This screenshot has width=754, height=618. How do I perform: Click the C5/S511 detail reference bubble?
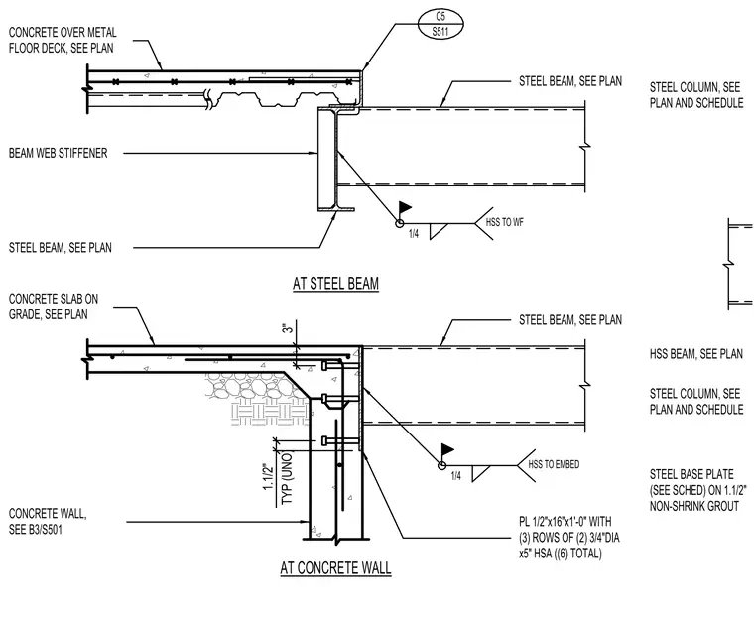tap(440, 24)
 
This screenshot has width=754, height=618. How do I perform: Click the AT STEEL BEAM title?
tap(335, 284)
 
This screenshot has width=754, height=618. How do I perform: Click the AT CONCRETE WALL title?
tap(335, 568)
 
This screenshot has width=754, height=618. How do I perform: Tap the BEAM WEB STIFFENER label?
tap(59, 153)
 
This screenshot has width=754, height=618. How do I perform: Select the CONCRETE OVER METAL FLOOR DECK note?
tap(63, 40)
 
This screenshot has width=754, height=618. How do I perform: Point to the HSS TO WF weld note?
tap(504, 222)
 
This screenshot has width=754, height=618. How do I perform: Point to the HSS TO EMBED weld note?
tap(554, 464)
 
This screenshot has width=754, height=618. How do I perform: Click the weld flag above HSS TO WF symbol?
tap(405, 208)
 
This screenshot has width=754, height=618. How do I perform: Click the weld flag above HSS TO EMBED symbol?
tap(447, 450)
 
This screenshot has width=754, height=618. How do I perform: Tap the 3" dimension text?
tap(287, 329)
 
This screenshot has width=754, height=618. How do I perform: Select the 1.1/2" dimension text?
tap(268, 476)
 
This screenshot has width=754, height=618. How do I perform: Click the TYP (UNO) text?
tap(287, 478)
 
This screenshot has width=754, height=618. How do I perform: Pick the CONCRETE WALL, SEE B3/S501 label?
tap(48, 522)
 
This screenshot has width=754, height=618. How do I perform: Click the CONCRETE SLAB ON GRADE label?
tap(54, 307)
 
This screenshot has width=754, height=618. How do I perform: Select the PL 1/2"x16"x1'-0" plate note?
tap(568, 538)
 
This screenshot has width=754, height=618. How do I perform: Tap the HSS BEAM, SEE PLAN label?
tap(695, 354)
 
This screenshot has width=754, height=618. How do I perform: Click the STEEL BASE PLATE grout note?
tap(697, 490)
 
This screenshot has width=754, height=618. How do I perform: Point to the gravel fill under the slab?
tap(255, 386)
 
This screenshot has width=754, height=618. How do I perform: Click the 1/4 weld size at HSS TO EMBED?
tap(455, 476)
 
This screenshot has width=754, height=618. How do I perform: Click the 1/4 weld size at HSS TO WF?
tap(414, 234)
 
